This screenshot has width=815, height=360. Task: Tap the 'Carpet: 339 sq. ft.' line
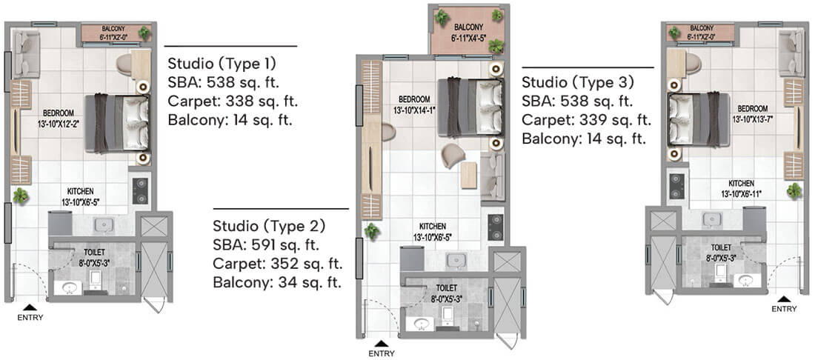[x=586, y=120]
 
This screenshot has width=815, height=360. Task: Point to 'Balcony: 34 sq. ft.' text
[x=276, y=282]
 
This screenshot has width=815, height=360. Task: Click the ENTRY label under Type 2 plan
[x=381, y=354]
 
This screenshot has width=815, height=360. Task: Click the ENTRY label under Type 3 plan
[x=785, y=309]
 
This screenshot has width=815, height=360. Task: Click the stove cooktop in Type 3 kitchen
[x=675, y=185]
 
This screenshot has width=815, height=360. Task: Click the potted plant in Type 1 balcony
[x=144, y=33]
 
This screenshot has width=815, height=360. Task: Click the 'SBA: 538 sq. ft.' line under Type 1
[x=223, y=81]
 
